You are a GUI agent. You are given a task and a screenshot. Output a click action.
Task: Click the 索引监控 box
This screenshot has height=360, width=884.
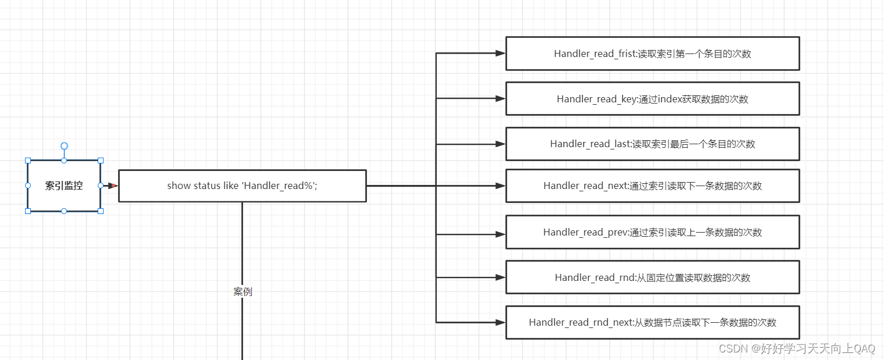(x=64, y=186)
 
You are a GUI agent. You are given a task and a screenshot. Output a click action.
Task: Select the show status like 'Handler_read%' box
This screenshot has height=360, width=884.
(x=243, y=186)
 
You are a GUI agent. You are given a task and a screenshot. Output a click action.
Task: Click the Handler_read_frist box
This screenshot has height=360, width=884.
(x=653, y=54)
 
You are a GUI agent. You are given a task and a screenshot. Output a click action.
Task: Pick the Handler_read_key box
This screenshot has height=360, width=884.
(x=653, y=99)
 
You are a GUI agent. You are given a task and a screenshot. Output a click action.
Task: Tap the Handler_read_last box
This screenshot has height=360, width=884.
(x=653, y=144)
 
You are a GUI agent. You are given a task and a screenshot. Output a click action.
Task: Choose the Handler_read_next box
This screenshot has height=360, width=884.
(x=653, y=186)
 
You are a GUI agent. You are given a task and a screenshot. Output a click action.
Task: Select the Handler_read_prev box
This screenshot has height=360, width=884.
(x=653, y=232)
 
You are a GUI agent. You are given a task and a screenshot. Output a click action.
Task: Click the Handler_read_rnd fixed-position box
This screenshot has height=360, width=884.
(x=653, y=277)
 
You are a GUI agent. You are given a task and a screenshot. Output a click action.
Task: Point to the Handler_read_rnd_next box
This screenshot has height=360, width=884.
(x=653, y=323)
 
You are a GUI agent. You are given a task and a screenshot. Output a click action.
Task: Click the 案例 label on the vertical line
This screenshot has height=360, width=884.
(x=243, y=292)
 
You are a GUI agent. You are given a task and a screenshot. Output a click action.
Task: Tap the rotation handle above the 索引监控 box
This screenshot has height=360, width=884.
(x=64, y=146)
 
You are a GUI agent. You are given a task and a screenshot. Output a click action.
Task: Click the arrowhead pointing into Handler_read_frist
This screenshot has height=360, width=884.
(x=500, y=54)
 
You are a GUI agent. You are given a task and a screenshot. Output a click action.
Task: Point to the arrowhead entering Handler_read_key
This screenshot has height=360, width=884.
(x=500, y=98)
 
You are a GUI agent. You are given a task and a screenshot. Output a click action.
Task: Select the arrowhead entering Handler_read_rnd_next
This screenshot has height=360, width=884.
(x=500, y=323)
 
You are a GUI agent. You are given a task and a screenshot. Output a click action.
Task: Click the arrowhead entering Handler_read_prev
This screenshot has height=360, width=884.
(x=500, y=234)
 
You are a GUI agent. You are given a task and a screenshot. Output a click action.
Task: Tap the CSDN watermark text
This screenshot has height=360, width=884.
(x=797, y=348)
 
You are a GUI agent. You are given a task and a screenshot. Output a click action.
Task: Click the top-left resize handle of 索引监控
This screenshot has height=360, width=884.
(x=28, y=161)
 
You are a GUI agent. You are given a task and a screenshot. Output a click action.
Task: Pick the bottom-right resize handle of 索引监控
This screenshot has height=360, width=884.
(x=101, y=211)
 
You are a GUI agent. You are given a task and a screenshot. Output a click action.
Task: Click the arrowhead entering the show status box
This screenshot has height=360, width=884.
(x=113, y=186)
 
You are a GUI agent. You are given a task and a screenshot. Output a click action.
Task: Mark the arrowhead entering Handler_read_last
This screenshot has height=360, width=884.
(x=500, y=144)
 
